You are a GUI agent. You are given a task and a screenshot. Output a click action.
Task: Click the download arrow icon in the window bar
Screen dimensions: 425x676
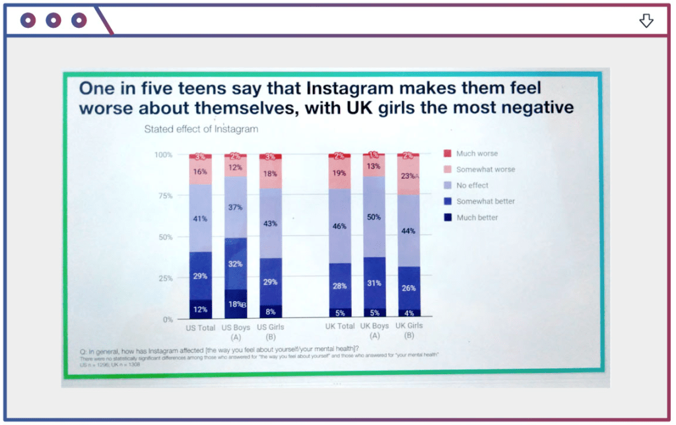[646, 21]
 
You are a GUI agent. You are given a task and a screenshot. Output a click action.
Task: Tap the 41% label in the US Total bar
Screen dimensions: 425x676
[201, 218]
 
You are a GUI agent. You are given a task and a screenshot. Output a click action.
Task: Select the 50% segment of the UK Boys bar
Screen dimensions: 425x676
[374, 217]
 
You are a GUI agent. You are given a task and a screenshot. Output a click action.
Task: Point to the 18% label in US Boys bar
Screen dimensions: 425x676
[234, 304]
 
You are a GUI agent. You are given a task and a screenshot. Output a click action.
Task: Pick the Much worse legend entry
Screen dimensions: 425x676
[477, 154]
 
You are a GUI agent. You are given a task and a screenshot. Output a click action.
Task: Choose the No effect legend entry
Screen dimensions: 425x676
[471, 185]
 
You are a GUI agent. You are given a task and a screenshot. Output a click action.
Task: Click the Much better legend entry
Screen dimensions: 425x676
[477, 217]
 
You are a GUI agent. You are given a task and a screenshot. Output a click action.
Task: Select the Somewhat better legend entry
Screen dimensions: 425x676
[485, 201]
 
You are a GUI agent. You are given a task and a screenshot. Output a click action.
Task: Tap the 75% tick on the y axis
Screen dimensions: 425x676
[164, 196]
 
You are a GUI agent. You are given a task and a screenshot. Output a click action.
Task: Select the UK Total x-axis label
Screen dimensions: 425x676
[339, 327]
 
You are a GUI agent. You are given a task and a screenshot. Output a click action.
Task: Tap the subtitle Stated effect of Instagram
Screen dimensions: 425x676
[201, 129]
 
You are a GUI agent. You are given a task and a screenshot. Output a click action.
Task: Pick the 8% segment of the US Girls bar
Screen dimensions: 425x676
[270, 311]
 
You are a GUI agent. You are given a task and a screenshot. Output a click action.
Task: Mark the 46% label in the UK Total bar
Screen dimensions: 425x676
[339, 226]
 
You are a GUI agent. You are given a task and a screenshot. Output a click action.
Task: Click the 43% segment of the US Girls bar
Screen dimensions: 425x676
[270, 223]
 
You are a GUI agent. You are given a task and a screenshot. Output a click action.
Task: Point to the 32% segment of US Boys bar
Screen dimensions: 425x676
[236, 263]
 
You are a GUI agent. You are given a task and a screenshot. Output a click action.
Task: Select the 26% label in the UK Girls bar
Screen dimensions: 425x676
[408, 288]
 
